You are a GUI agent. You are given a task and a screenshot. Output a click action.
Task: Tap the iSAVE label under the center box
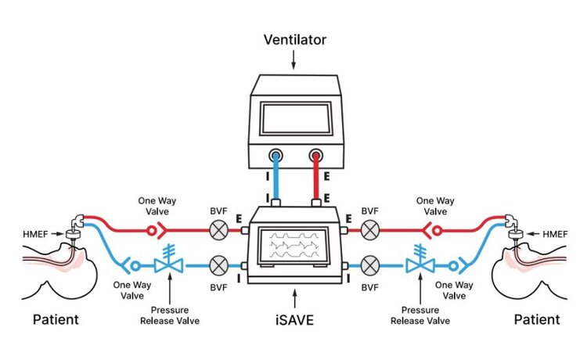click(x=293, y=319)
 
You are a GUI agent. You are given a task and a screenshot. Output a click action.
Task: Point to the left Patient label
click(x=56, y=319)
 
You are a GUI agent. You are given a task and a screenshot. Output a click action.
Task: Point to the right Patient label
click(x=537, y=319)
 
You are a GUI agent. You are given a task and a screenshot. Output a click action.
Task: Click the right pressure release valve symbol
click(x=420, y=261)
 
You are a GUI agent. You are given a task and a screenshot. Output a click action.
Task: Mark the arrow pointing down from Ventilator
click(x=293, y=58)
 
